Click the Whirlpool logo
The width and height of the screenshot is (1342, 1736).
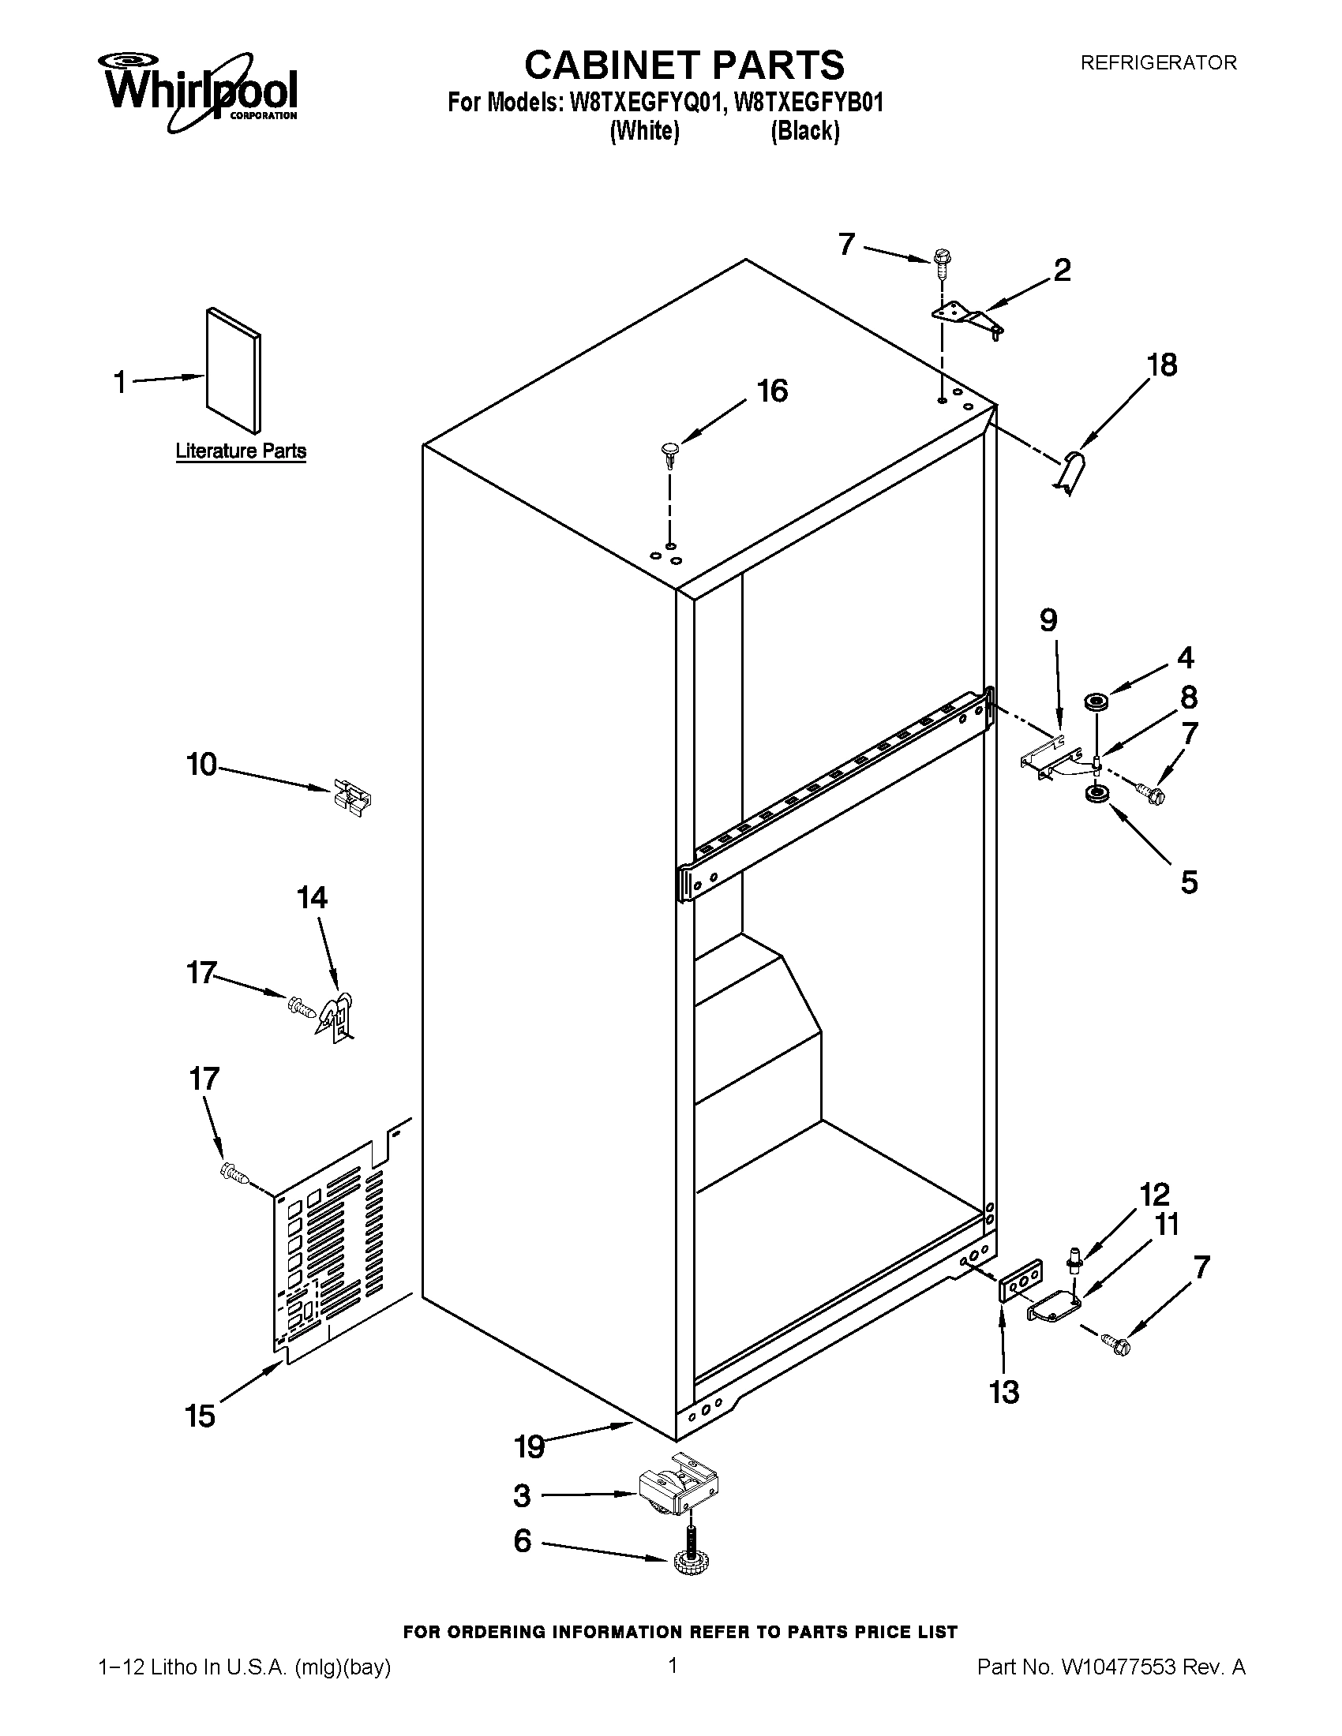[198, 88]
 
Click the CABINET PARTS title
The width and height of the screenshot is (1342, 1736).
[684, 65]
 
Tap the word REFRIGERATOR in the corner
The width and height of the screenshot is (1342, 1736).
[1157, 63]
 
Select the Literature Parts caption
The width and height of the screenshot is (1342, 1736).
[240, 451]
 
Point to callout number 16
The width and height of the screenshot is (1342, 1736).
[771, 391]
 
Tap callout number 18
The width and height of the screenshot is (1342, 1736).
[1161, 365]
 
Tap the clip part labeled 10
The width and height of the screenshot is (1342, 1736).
[352, 797]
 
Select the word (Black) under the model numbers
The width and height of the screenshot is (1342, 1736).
[804, 131]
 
